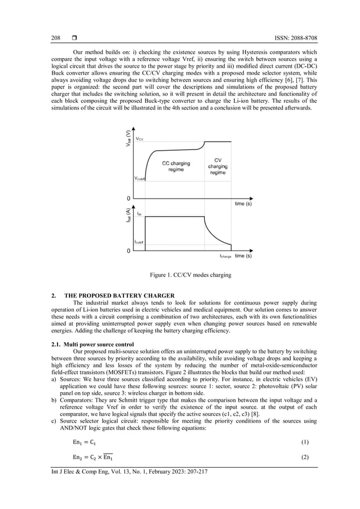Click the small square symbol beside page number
pyautogui.click(x=74, y=38)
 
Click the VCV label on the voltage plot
pyautogui.click(x=139, y=138)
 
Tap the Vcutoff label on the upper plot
pyautogui.click(x=139, y=178)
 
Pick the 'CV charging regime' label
pyautogui.click(x=218, y=166)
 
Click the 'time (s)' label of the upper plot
pyautogui.click(x=243, y=204)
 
